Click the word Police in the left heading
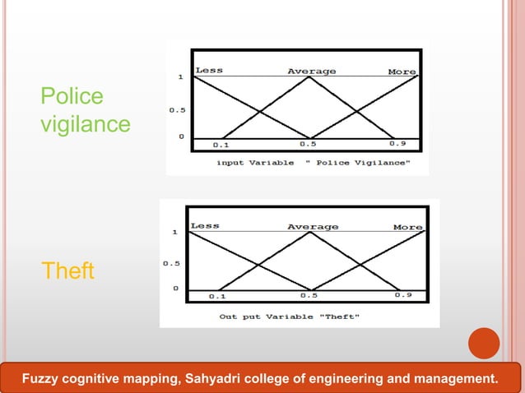point(72,97)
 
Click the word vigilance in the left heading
point(86,124)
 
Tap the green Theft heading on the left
point(68,270)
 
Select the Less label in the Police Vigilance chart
point(209,71)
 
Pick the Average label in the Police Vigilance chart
point(311,72)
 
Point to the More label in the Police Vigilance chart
point(402,72)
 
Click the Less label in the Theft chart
point(205,225)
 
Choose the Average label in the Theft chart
point(313,226)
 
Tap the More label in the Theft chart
point(407,227)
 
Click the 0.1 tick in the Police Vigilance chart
point(221,146)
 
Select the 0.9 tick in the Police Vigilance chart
point(397,145)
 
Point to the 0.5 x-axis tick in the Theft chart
point(309,294)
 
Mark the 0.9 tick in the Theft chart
point(403,294)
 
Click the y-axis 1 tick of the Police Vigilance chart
point(181,77)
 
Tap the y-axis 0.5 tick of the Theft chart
point(172,264)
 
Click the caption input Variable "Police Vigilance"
point(311,163)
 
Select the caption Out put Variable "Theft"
point(289,316)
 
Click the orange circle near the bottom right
point(484,344)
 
